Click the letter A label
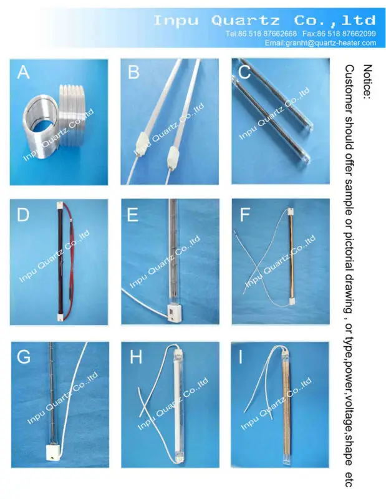point(23,72)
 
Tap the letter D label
point(23,215)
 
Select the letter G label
point(24,357)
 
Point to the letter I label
point(240,357)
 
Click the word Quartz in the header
point(245,21)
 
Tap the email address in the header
point(320,43)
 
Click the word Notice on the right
point(367,82)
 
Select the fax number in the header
point(339,34)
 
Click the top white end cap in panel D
point(60,205)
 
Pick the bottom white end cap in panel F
point(291,302)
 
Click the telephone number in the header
point(261,34)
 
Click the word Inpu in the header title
point(176,21)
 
